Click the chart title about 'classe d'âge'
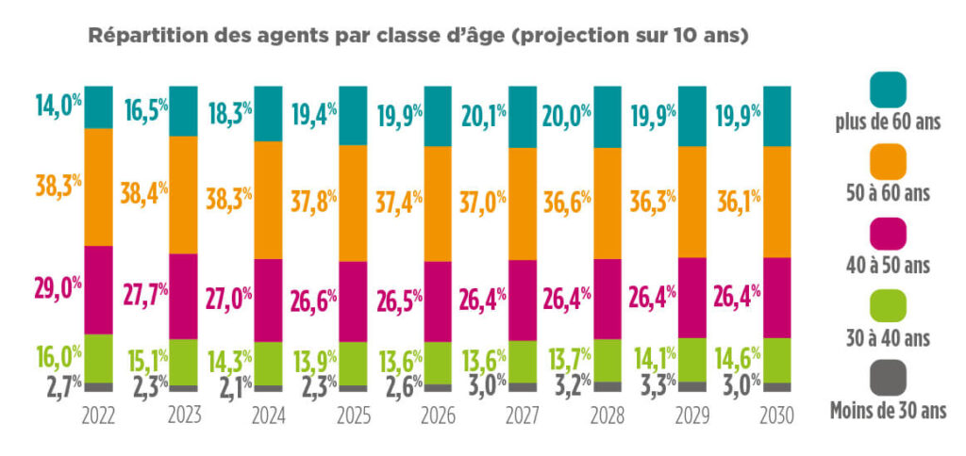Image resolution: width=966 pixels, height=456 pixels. pyautogui.click(x=418, y=37)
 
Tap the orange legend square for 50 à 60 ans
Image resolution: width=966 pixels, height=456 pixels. pyautogui.click(x=884, y=162)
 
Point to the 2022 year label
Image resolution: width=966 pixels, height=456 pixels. pyautogui.click(x=99, y=415)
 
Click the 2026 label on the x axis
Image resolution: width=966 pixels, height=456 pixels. pyautogui.click(x=438, y=415)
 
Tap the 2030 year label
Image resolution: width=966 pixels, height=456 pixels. pyautogui.click(x=776, y=415)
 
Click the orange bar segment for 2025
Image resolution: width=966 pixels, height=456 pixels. pyautogui.click(x=353, y=203)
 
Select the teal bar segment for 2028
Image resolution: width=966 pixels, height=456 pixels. pyautogui.click(x=607, y=116)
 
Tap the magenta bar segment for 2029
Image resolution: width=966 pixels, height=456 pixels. pyautogui.click(x=691, y=297)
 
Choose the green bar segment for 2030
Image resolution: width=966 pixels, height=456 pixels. pyautogui.click(x=776, y=359)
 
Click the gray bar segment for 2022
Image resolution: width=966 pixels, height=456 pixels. pyautogui.click(x=99, y=386)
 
